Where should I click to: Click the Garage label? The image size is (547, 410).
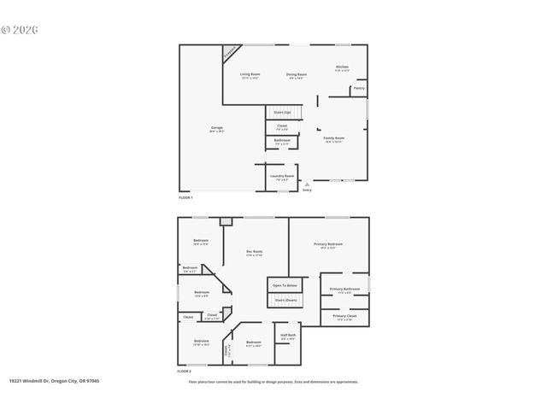[x=217, y=129]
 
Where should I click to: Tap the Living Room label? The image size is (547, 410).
[x=249, y=76]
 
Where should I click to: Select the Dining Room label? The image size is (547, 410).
[x=296, y=76]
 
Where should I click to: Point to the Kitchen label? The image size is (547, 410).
[x=342, y=67]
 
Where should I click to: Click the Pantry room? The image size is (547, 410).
[x=359, y=88]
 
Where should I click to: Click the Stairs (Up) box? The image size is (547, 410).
[x=282, y=112]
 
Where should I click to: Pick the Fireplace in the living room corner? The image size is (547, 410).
[x=230, y=53]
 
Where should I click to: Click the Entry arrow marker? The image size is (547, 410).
[x=307, y=184]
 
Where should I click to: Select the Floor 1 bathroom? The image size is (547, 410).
[x=282, y=141]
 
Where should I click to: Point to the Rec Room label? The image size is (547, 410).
[x=254, y=252]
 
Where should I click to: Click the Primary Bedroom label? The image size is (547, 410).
[x=329, y=246]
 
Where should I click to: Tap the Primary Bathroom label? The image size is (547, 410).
[x=344, y=290]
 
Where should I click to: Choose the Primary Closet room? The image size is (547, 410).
[x=344, y=317]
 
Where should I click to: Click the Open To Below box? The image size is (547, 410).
[x=285, y=285]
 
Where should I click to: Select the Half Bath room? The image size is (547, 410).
[x=287, y=336]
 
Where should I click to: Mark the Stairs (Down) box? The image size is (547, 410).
[x=285, y=301]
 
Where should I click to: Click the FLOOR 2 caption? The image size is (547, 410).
[x=185, y=372]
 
